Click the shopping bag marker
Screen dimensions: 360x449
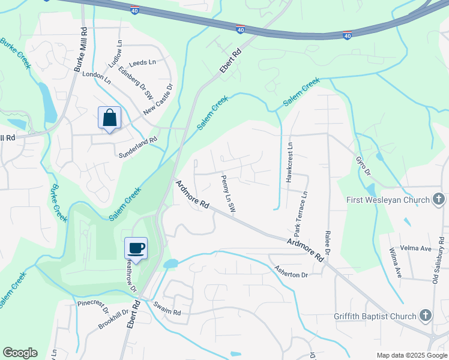110,118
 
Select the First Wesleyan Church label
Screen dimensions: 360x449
387,200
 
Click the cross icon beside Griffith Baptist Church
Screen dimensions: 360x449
425,316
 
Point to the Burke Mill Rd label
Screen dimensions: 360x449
80,50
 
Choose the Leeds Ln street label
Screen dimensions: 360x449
142,62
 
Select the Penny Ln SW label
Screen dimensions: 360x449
228,193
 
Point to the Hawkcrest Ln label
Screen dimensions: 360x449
289,163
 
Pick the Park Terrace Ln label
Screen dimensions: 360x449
301,214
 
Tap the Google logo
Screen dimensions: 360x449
20,353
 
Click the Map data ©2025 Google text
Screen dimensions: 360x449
411,355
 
